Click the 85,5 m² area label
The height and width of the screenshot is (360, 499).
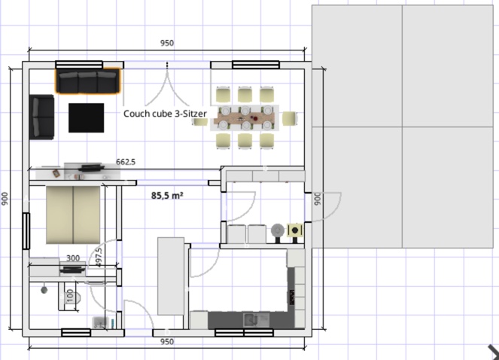pos(167,195)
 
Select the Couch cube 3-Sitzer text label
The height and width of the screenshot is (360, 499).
pos(165,114)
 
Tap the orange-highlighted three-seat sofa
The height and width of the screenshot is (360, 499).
pos(88,81)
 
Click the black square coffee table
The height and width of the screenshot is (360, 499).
pos(87,117)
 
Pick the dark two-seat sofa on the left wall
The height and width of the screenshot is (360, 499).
pos(41,117)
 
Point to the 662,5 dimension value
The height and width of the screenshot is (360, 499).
pos(126,162)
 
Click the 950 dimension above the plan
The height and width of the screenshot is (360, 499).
pos(167,43)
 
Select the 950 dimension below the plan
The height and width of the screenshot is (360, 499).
pos(167,342)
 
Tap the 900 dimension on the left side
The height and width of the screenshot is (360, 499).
pos(5,199)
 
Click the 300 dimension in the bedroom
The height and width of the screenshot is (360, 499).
pos(73,258)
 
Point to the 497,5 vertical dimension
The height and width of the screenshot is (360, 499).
pos(99,258)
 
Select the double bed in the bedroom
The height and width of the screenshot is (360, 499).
pos(73,215)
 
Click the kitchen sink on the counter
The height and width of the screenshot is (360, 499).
pos(256,320)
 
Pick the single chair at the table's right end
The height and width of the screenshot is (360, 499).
pos(290,118)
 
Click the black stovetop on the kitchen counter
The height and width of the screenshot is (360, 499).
pos(292,297)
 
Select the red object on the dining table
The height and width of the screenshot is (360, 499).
pos(255,118)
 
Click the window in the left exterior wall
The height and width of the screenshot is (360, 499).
pos(26,231)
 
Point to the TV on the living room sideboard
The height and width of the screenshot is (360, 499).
pos(92,168)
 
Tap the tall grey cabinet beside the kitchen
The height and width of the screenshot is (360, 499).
pos(171,276)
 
